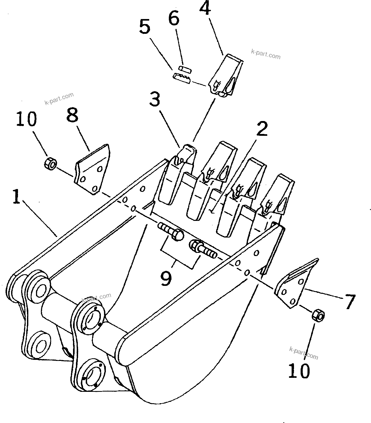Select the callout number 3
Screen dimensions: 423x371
155,99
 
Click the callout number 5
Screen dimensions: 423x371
144,28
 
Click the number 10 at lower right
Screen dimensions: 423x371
299,370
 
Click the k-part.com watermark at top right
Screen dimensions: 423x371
265,54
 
